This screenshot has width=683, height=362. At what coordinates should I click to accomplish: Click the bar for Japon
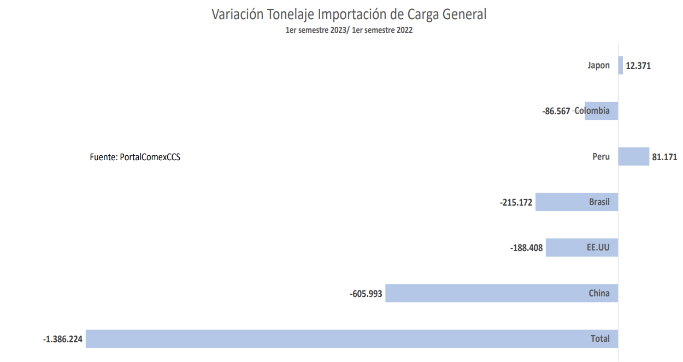(x=620, y=65)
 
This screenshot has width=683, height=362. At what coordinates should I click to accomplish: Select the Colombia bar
(x=601, y=110)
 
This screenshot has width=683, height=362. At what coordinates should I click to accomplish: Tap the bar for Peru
(x=633, y=156)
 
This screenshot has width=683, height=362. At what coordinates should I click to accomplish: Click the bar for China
(x=492, y=293)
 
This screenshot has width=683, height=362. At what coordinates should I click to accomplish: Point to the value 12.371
(x=638, y=66)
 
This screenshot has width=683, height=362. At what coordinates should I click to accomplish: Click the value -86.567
(x=556, y=111)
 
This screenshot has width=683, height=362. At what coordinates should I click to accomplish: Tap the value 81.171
(x=664, y=157)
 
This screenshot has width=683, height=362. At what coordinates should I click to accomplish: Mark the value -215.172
(x=516, y=202)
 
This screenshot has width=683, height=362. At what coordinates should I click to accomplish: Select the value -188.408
(x=527, y=248)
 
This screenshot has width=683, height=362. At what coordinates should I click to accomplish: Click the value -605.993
(x=366, y=294)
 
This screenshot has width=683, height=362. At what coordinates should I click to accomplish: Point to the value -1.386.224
(x=63, y=339)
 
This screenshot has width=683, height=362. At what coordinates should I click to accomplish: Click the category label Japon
(x=599, y=66)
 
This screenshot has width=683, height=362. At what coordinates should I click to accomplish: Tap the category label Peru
(x=601, y=157)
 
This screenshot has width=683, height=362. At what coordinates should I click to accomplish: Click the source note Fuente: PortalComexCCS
(x=135, y=157)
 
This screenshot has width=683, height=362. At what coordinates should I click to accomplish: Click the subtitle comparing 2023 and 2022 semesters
(x=349, y=31)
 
